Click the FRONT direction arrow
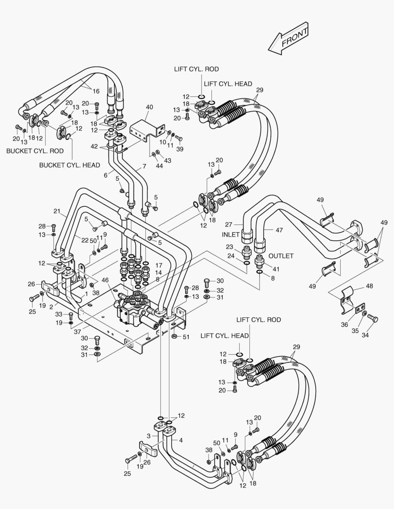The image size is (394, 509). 288,37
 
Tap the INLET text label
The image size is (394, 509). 231,234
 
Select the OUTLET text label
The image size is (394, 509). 281,256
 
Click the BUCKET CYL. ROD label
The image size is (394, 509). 35,151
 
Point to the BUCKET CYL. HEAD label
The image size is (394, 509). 69,165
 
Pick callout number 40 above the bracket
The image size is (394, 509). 149,107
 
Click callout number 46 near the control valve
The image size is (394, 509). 105,280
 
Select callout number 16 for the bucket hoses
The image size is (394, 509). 96,91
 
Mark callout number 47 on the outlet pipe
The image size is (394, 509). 279,230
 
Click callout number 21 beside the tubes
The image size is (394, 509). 57,211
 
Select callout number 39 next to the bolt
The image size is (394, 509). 179,149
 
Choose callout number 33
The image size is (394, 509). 59,314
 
